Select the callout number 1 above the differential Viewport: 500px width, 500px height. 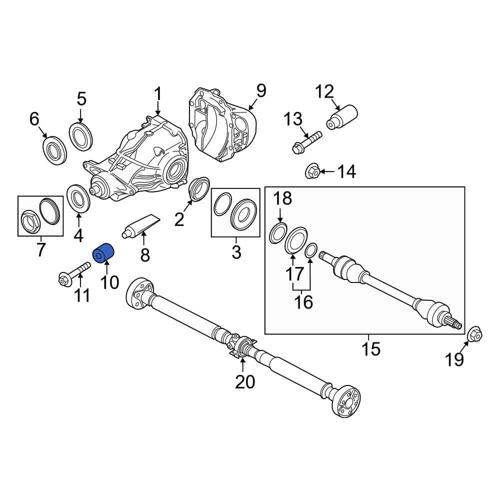click(x=157, y=94)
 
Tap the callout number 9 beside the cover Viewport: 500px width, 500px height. click(x=261, y=91)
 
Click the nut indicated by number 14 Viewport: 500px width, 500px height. click(x=312, y=172)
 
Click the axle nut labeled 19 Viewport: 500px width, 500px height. click(x=474, y=334)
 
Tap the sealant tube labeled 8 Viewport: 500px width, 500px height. click(x=140, y=225)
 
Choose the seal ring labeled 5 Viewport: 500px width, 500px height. click(x=80, y=135)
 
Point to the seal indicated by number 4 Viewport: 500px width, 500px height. click(x=78, y=197)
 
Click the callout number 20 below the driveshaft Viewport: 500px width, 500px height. click(x=245, y=382)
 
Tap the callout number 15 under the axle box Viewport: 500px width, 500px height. click(x=371, y=348)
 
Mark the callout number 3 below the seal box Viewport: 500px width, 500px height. click(x=236, y=252)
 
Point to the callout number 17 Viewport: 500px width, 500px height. click(x=294, y=273)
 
